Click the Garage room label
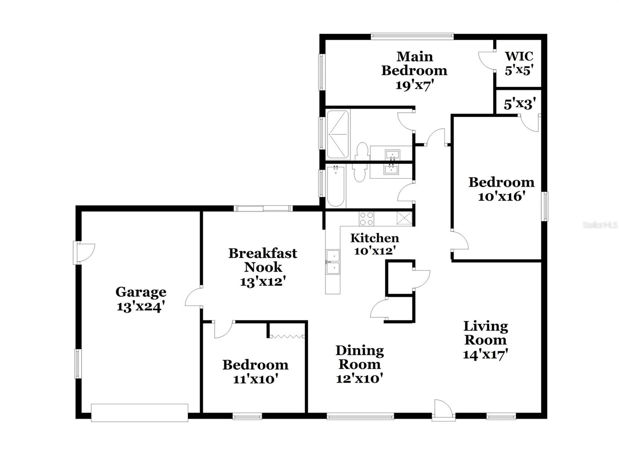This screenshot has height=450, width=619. point(141,292)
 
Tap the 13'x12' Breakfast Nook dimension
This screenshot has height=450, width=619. point(263,281)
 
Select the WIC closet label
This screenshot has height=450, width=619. point(519,56)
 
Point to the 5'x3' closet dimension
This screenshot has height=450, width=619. point(520,104)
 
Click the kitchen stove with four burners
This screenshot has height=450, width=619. point(366,219)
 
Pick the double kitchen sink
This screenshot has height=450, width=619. point(333,262)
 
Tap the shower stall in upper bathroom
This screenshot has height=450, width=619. point(338,135)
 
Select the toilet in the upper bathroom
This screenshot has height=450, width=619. point(362,151)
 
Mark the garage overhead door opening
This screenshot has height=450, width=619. point(140,412)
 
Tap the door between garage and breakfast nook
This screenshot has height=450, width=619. point(193,297)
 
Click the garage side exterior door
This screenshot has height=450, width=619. point(84,253)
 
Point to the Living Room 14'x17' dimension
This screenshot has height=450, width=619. point(485,354)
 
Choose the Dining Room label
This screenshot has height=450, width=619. point(359,357)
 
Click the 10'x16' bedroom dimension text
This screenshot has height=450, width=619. point(501,197)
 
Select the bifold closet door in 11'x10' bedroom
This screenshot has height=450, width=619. point(287,337)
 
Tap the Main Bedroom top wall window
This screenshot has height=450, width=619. point(412,36)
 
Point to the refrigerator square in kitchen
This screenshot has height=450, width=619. point(405,218)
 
